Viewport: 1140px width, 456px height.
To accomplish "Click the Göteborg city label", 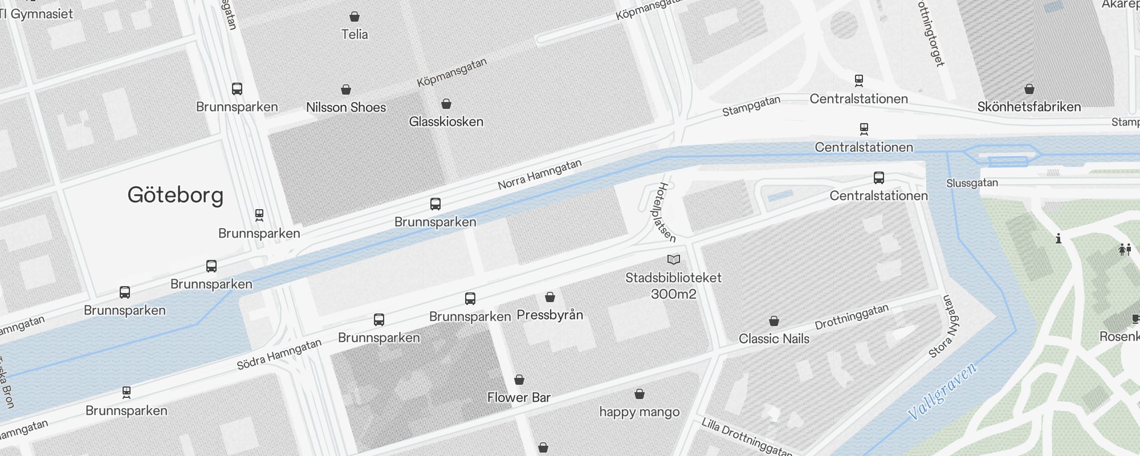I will [175, 195].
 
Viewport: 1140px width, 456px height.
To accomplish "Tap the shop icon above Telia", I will [355, 16].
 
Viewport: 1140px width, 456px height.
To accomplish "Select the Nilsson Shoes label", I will [346, 107].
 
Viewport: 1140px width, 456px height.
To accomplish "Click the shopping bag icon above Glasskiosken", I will [446, 104].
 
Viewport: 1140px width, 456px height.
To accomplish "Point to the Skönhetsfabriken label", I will [1029, 107].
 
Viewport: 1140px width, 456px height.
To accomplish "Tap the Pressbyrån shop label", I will [549, 315].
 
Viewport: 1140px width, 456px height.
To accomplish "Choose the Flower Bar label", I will [519, 397].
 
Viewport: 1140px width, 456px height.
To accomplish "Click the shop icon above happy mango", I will [640, 394].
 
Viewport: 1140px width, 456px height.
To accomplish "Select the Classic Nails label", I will [773, 339].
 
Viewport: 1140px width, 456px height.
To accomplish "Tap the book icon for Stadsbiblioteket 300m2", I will [674, 260].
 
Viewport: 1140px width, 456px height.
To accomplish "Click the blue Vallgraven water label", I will [942, 391].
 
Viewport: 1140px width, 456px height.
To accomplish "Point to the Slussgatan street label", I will [972, 183].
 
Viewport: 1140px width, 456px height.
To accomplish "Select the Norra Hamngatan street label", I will [539, 174].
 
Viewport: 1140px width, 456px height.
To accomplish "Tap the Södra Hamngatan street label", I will [279, 355].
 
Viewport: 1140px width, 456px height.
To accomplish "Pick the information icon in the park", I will [1058, 238].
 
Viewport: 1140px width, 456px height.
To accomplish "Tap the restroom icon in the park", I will [1125, 250].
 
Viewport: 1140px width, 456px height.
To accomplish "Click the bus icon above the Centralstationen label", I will [879, 178].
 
